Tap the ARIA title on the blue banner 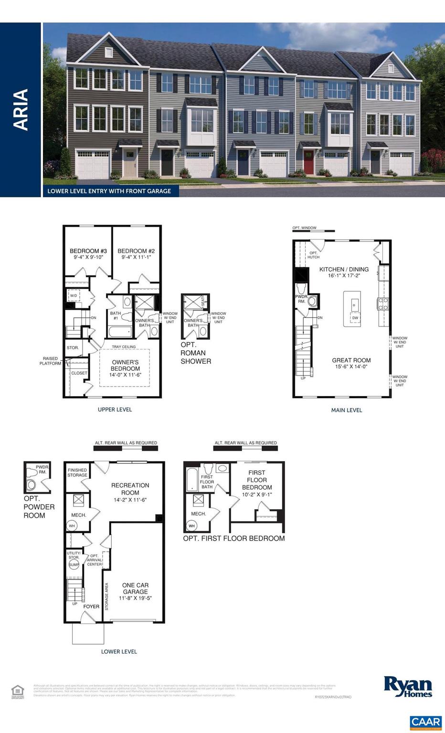click(21, 109)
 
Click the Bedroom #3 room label click(88, 251)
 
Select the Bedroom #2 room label click(136, 251)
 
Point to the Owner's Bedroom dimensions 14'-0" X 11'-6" click(125, 376)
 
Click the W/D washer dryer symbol click(74, 296)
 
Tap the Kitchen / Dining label click(344, 269)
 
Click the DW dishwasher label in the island click(355, 318)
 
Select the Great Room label click(351, 360)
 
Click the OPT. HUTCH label click(313, 255)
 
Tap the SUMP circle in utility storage click(74, 565)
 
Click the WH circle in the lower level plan click(72, 525)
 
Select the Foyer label click(91, 607)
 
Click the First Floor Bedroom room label click(257, 480)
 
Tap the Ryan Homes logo click(408, 687)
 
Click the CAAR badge click(425, 722)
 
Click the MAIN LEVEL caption click(347, 410)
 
